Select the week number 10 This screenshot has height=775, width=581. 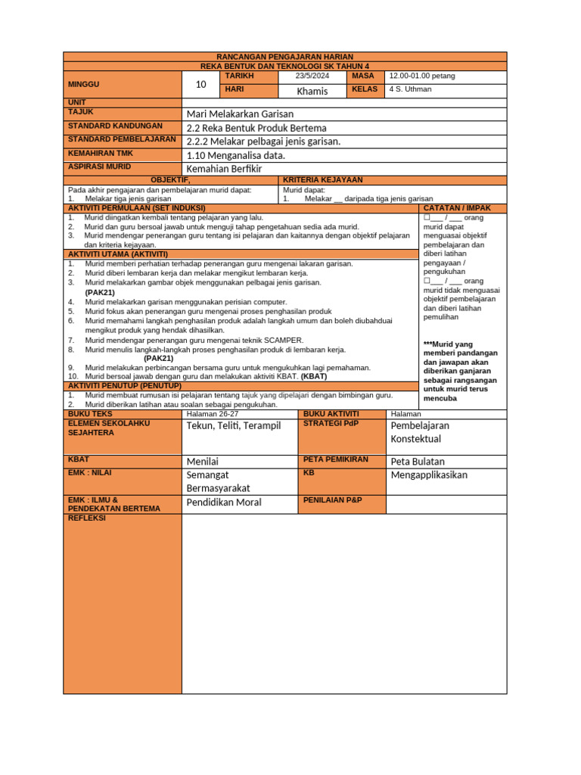[200, 85]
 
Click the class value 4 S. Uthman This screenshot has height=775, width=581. [410, 89]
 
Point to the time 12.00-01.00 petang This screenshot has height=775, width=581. [422, 76]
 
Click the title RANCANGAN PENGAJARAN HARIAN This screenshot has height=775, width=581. [284, 57]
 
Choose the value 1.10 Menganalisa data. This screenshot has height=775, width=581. [235, 155]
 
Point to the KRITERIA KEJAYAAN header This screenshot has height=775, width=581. [323, 180]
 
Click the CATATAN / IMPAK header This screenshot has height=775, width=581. [457, 207]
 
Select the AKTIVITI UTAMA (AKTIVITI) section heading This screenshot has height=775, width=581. [118, 254]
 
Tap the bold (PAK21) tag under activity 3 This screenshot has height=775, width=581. [101, 292]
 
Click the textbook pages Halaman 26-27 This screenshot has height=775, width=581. [212, 414]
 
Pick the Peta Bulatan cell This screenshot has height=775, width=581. [418, 462]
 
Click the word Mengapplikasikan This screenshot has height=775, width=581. [429, 475]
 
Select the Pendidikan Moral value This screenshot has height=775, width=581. [224, 503]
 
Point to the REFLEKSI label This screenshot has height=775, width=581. [87, 518]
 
